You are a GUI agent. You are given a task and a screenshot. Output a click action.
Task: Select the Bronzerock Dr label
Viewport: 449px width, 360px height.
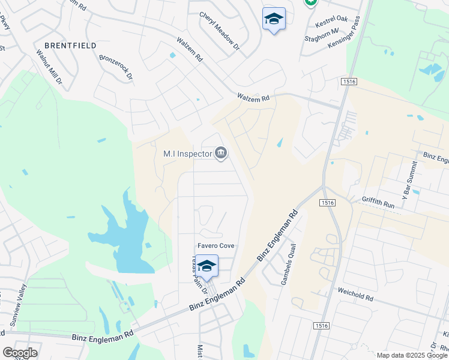(x=116, y=68)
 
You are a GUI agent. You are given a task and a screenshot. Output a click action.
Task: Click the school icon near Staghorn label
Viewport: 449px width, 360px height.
(x=274, y=19)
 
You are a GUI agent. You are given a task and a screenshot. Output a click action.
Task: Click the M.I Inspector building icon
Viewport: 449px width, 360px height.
(x=221, y=154)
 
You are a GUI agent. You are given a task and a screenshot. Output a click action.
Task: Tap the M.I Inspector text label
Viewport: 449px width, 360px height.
(x=188, y=154)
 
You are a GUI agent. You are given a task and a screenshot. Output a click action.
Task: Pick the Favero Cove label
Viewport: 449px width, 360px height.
(x=216, y=246)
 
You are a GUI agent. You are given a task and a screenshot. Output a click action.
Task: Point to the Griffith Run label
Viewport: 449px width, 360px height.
(x=378, y=202)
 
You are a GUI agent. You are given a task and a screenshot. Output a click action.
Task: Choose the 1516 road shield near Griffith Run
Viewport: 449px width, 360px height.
(x=327, y=203)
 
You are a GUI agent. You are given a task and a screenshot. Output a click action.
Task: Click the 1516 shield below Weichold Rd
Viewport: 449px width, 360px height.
(x=321, y=325)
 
